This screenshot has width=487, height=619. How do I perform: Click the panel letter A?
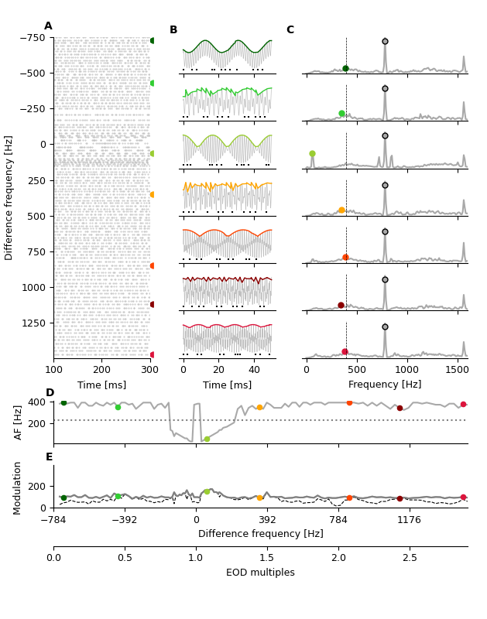coord(48,26)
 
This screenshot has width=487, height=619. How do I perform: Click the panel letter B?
coord(173,30)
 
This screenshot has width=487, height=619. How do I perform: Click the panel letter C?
coord(290,30)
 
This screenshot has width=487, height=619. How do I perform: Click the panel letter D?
coord(50,393)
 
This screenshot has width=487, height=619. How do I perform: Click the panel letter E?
coord(49,457)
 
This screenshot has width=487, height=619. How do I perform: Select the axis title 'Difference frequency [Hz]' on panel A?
coord(9,197)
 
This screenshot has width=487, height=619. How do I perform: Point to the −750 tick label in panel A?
coord(33,37)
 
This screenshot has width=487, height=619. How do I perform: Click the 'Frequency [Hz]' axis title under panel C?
coord(385,385)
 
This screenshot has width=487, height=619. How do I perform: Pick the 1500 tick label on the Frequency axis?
coord(457,371)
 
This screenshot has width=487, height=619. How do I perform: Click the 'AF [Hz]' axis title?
coord(19,422)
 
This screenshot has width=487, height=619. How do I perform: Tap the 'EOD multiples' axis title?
coord(260,573)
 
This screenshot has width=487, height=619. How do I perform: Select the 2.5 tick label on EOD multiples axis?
coord(410,558)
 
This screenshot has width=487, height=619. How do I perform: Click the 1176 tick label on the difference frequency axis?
coord(410,520)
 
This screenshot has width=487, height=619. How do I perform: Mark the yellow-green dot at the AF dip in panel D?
coord(207,439)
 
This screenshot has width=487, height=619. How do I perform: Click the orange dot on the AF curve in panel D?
coord(259,407)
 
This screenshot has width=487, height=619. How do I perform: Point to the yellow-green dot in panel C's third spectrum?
coord(312,154)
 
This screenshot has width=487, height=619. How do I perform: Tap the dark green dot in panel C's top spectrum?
coord(345,69)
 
